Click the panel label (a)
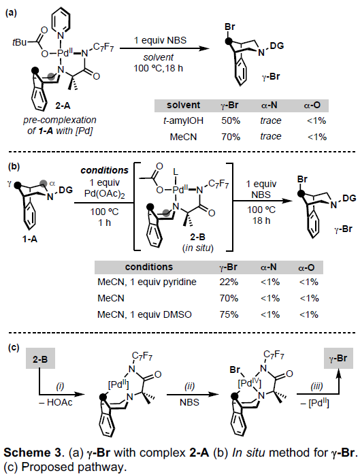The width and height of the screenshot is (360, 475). (11, 13)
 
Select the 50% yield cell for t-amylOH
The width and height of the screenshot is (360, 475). (231, 120)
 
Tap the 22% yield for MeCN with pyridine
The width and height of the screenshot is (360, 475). (229, 282)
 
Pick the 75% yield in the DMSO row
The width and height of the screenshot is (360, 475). (229, 314)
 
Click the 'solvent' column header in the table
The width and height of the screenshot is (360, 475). (183, 105)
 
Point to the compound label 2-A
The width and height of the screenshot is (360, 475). (63, 105)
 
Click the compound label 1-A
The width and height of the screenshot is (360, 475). (30, 239)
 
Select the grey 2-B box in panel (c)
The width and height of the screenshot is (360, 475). (40, 359)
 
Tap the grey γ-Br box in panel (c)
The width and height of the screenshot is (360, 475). (338, 358)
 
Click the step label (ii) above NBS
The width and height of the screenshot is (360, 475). (189, 387)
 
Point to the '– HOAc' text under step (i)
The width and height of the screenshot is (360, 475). (55, 403)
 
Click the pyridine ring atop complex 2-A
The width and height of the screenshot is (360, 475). (61, 20)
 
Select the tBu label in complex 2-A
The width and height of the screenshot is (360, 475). (19, 42)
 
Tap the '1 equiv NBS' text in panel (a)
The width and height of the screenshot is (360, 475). (160, 40)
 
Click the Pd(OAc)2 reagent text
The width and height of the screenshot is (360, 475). (105, 194)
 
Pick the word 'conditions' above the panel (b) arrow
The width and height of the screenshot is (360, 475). (105, 170)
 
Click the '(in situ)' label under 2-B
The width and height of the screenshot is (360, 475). (198, 248)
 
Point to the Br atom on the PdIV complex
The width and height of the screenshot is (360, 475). (235, 370)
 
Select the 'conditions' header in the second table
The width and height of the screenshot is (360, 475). (149, 267)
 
